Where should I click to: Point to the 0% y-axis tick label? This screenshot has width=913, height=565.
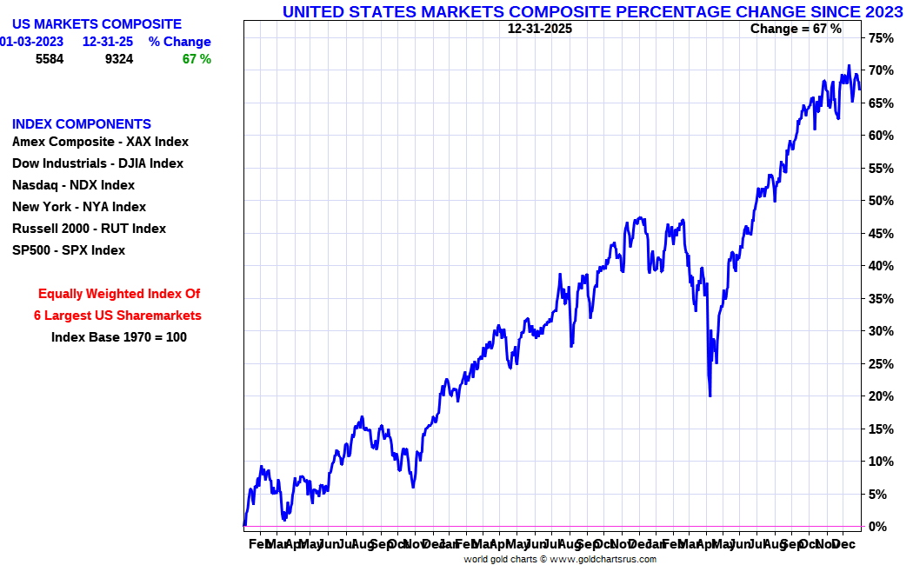tap(877, 527)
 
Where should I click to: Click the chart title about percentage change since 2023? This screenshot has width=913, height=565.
tap(592, 11)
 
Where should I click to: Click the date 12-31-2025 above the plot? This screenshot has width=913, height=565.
tap(540, 29)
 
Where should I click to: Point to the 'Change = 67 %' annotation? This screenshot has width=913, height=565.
tap(796, 29)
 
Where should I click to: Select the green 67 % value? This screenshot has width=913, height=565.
tap(197, 59)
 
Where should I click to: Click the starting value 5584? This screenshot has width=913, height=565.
tap(50, 59)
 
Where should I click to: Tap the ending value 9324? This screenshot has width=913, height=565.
tap(119, 59)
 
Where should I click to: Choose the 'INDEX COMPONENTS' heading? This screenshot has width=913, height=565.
tap(82, 124)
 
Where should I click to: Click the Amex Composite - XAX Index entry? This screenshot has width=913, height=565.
tap(100, 142)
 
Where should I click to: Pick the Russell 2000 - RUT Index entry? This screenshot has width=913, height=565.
tap(89, 229)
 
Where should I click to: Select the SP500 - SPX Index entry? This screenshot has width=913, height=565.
tap(69, 250)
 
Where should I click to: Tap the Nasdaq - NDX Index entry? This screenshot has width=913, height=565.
tap(73, 185)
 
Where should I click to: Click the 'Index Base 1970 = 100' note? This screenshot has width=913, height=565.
tap(119, 337)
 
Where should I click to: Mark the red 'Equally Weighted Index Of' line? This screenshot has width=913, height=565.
tap(119, 294)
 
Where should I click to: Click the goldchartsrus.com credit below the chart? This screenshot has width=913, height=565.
tap(560, 559)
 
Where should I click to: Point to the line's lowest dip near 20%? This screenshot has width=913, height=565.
tap(710, 395)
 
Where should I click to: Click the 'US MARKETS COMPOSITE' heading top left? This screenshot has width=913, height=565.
tap(97, 24)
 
